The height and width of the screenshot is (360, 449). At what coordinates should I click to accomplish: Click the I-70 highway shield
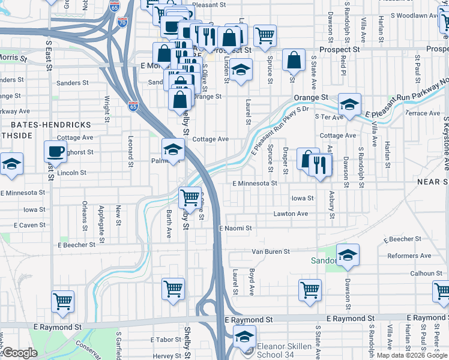point(122,22)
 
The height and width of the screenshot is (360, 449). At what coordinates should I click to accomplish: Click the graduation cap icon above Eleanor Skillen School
point(244,335)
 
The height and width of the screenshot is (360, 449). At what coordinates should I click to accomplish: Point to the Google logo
point(19,353)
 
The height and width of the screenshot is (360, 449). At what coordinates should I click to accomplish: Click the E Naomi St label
point(235,229)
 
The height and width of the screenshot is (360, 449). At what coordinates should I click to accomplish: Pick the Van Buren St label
point(271,251)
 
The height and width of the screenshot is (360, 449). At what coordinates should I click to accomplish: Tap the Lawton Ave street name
point(291,214)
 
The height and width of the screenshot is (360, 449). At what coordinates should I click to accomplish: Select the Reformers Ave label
point(409,256)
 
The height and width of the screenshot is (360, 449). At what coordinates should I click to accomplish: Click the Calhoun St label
point(426,273)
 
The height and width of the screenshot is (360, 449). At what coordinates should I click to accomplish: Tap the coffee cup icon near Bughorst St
point(55,151)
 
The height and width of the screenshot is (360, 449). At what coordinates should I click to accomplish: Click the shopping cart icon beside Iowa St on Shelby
point(190,197)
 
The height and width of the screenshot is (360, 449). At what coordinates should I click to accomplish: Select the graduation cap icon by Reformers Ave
point(348,255)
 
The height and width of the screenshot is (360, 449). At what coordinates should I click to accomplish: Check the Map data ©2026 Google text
point(412,355)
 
